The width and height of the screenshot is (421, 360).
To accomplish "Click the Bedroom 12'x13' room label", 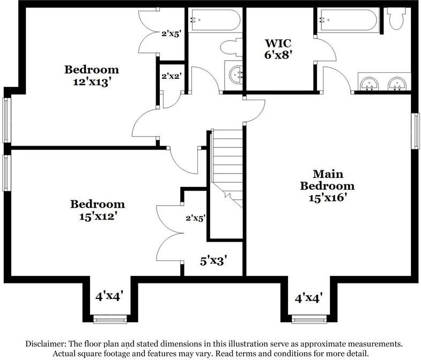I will coord(92,75).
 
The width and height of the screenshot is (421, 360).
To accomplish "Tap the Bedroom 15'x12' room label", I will coord(97,210).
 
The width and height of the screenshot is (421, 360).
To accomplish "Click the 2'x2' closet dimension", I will coord(170,77).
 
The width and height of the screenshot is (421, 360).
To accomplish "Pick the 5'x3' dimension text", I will coord(214,261).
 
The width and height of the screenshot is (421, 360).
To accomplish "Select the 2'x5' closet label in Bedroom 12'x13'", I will coord(171,33).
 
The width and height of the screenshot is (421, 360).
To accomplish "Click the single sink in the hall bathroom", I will coord(234,75).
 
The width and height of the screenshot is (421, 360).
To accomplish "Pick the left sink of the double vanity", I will coord(370,84).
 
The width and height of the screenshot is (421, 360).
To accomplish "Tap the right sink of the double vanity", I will coord(396,84).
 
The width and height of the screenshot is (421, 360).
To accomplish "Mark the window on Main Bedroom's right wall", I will coord(415,131).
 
